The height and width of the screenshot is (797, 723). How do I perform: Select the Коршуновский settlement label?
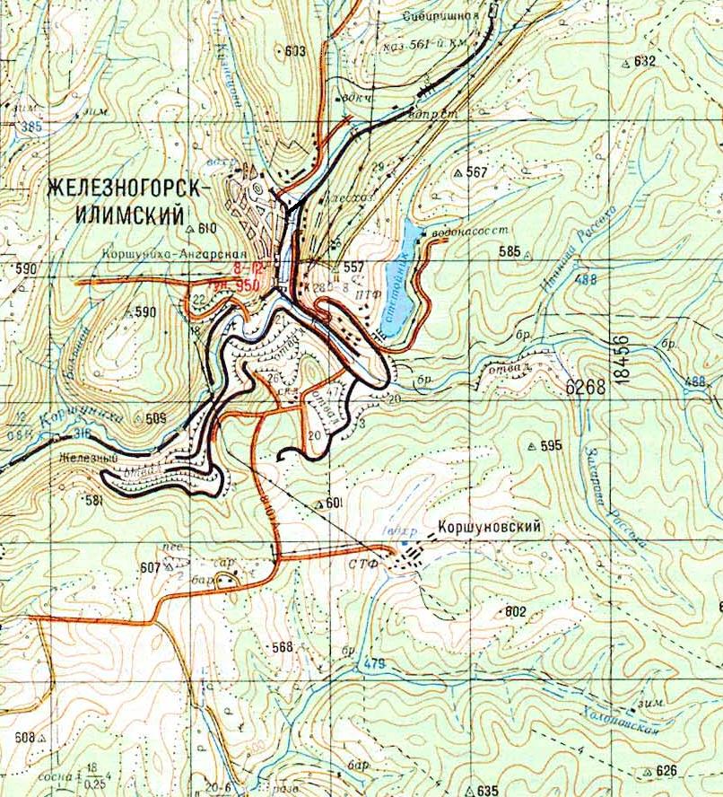(x=489, y=528)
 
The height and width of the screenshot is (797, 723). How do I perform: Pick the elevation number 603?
(x=294, y=51)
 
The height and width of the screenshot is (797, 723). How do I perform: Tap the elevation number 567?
(x=476, y=171)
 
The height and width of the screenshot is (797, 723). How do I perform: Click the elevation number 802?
(x=515, y=611)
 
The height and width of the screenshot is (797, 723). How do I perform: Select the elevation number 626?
(x=664, y=770)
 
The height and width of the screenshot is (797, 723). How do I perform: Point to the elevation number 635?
(x=487, y=790)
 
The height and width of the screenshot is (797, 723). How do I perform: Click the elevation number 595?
(x=550, y=445)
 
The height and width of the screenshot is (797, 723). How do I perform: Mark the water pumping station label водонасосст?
(x=465, y=231)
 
